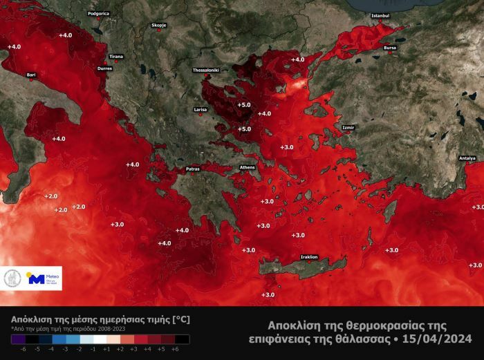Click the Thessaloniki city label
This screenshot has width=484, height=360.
click(205, 70)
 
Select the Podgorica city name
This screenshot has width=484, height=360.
click(99, 13)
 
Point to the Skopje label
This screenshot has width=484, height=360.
click(159, 26)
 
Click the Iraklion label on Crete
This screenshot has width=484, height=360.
click(309, 257)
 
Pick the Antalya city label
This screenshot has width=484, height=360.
click(467, 158)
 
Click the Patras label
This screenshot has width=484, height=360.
click(193, 169)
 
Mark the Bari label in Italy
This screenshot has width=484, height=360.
click(30, 74)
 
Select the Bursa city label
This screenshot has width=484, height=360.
click(390, 48)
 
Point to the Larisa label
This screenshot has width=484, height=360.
click(201, 110)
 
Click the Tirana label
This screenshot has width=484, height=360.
click(116, 57)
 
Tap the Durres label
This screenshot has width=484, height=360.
click(104, 69)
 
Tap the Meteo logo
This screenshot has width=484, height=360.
click(44, 279)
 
